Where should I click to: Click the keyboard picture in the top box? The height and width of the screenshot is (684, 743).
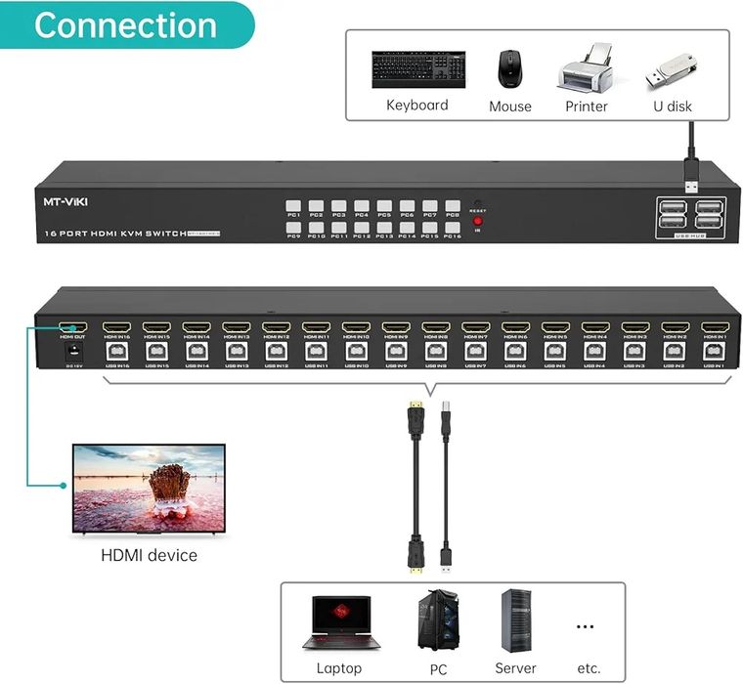pyautogui.click(x=417, y=69)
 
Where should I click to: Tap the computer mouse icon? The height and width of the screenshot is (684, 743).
pyautogui.click(x=509, y=69)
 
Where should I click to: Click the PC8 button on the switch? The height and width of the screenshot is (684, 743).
pyautogui.click(x=453, y=208)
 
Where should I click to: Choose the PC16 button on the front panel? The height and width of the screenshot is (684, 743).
pyautogui.click(x=453, y=230)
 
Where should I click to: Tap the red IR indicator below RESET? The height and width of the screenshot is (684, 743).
pyautogui.click(x=478, y=223)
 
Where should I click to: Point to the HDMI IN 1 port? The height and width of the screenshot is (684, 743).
pyautogui.click(x=714, y=327)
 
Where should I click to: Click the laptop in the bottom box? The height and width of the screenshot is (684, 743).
pyautogui.click(x=338, y=621)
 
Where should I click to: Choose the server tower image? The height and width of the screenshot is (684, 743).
pyautogui.click(x=514, y=620)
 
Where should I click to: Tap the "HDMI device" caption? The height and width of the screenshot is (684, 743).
pyautogui.click(x=149, y=555)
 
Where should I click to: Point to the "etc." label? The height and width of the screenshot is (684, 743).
pyautogui.click(x=588, y=668)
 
